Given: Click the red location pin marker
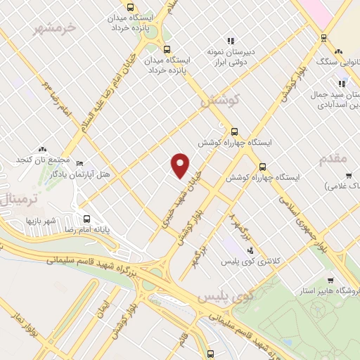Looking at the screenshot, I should click(x=181, y=165).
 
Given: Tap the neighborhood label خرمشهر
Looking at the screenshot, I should click(x=55, y=30).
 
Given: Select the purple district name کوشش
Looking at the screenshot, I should click(x=219, y=101).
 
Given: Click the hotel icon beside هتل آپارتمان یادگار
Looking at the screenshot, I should click(x=79, y=162).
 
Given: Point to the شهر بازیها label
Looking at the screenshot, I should click(x=35, y=220).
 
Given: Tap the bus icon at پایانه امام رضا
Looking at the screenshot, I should click(x=87, y=219).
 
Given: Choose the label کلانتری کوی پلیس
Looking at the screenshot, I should click(x=270, y=261).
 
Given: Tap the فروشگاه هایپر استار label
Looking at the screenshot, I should click(x=330, y=290).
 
